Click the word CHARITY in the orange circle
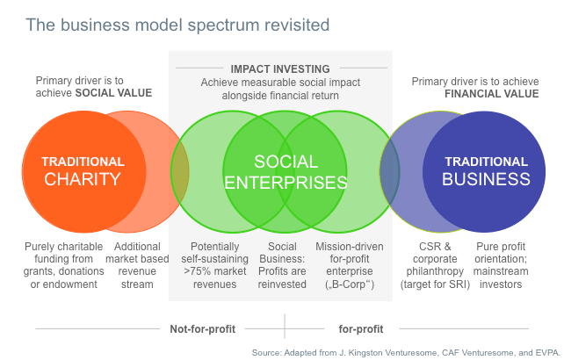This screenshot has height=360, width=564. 83,179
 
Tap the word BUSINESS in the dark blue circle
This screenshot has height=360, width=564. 486,179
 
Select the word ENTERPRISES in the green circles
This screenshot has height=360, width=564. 286,183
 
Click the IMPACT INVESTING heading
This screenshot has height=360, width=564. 280,68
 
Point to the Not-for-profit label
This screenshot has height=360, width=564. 203,329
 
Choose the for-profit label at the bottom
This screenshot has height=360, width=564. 361,329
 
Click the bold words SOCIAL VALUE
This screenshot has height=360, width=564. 113,93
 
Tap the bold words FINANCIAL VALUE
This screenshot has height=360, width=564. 492,94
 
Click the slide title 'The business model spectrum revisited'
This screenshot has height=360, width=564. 177,25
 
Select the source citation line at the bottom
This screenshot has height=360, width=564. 406,352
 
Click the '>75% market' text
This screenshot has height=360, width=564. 214,271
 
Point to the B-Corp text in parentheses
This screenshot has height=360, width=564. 350,284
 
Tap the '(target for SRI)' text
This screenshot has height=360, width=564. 435,284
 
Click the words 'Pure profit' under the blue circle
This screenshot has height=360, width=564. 501,247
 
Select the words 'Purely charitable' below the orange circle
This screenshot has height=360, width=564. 63,247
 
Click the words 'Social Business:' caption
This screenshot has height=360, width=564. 282,253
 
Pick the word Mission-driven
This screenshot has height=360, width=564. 350,247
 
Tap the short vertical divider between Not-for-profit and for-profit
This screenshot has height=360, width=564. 285,326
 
